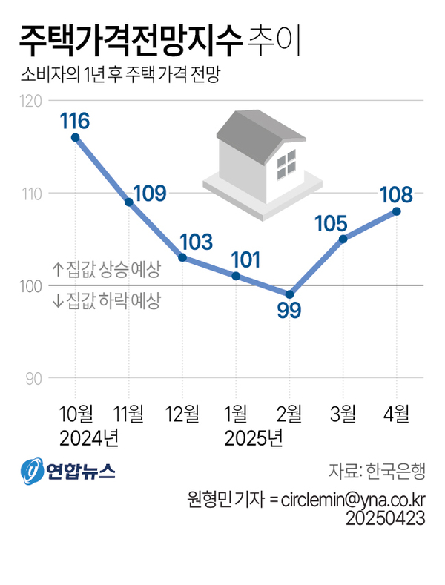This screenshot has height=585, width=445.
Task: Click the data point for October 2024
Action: [75, 137]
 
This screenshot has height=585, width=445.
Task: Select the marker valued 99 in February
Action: [289, 294]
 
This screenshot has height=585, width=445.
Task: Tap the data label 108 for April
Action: [395, 194]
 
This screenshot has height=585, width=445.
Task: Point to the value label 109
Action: [149, 194]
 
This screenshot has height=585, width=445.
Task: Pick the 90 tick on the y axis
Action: [34, 378]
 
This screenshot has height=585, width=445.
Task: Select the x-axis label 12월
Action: [182, 412]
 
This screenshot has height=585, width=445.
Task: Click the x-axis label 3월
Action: [343, 412]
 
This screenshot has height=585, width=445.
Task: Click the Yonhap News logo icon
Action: [32, 472]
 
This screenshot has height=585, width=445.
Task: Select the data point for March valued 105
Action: [343, 239]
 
